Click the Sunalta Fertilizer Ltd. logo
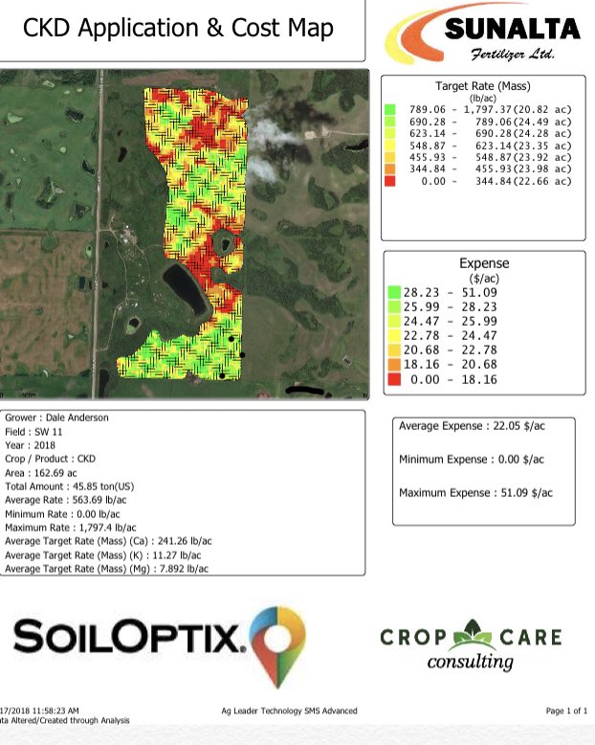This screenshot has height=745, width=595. (x=482, y=34)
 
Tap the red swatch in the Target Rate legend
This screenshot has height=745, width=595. (x=390, y=181)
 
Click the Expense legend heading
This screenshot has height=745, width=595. (x=484, y=262)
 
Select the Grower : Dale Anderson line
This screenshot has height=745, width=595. (x=57, y=418)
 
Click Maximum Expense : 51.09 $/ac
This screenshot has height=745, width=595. (x=475, y=492)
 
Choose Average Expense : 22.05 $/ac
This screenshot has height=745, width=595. (x=472, y=425)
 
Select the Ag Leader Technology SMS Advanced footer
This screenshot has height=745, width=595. (x=288, y=711)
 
